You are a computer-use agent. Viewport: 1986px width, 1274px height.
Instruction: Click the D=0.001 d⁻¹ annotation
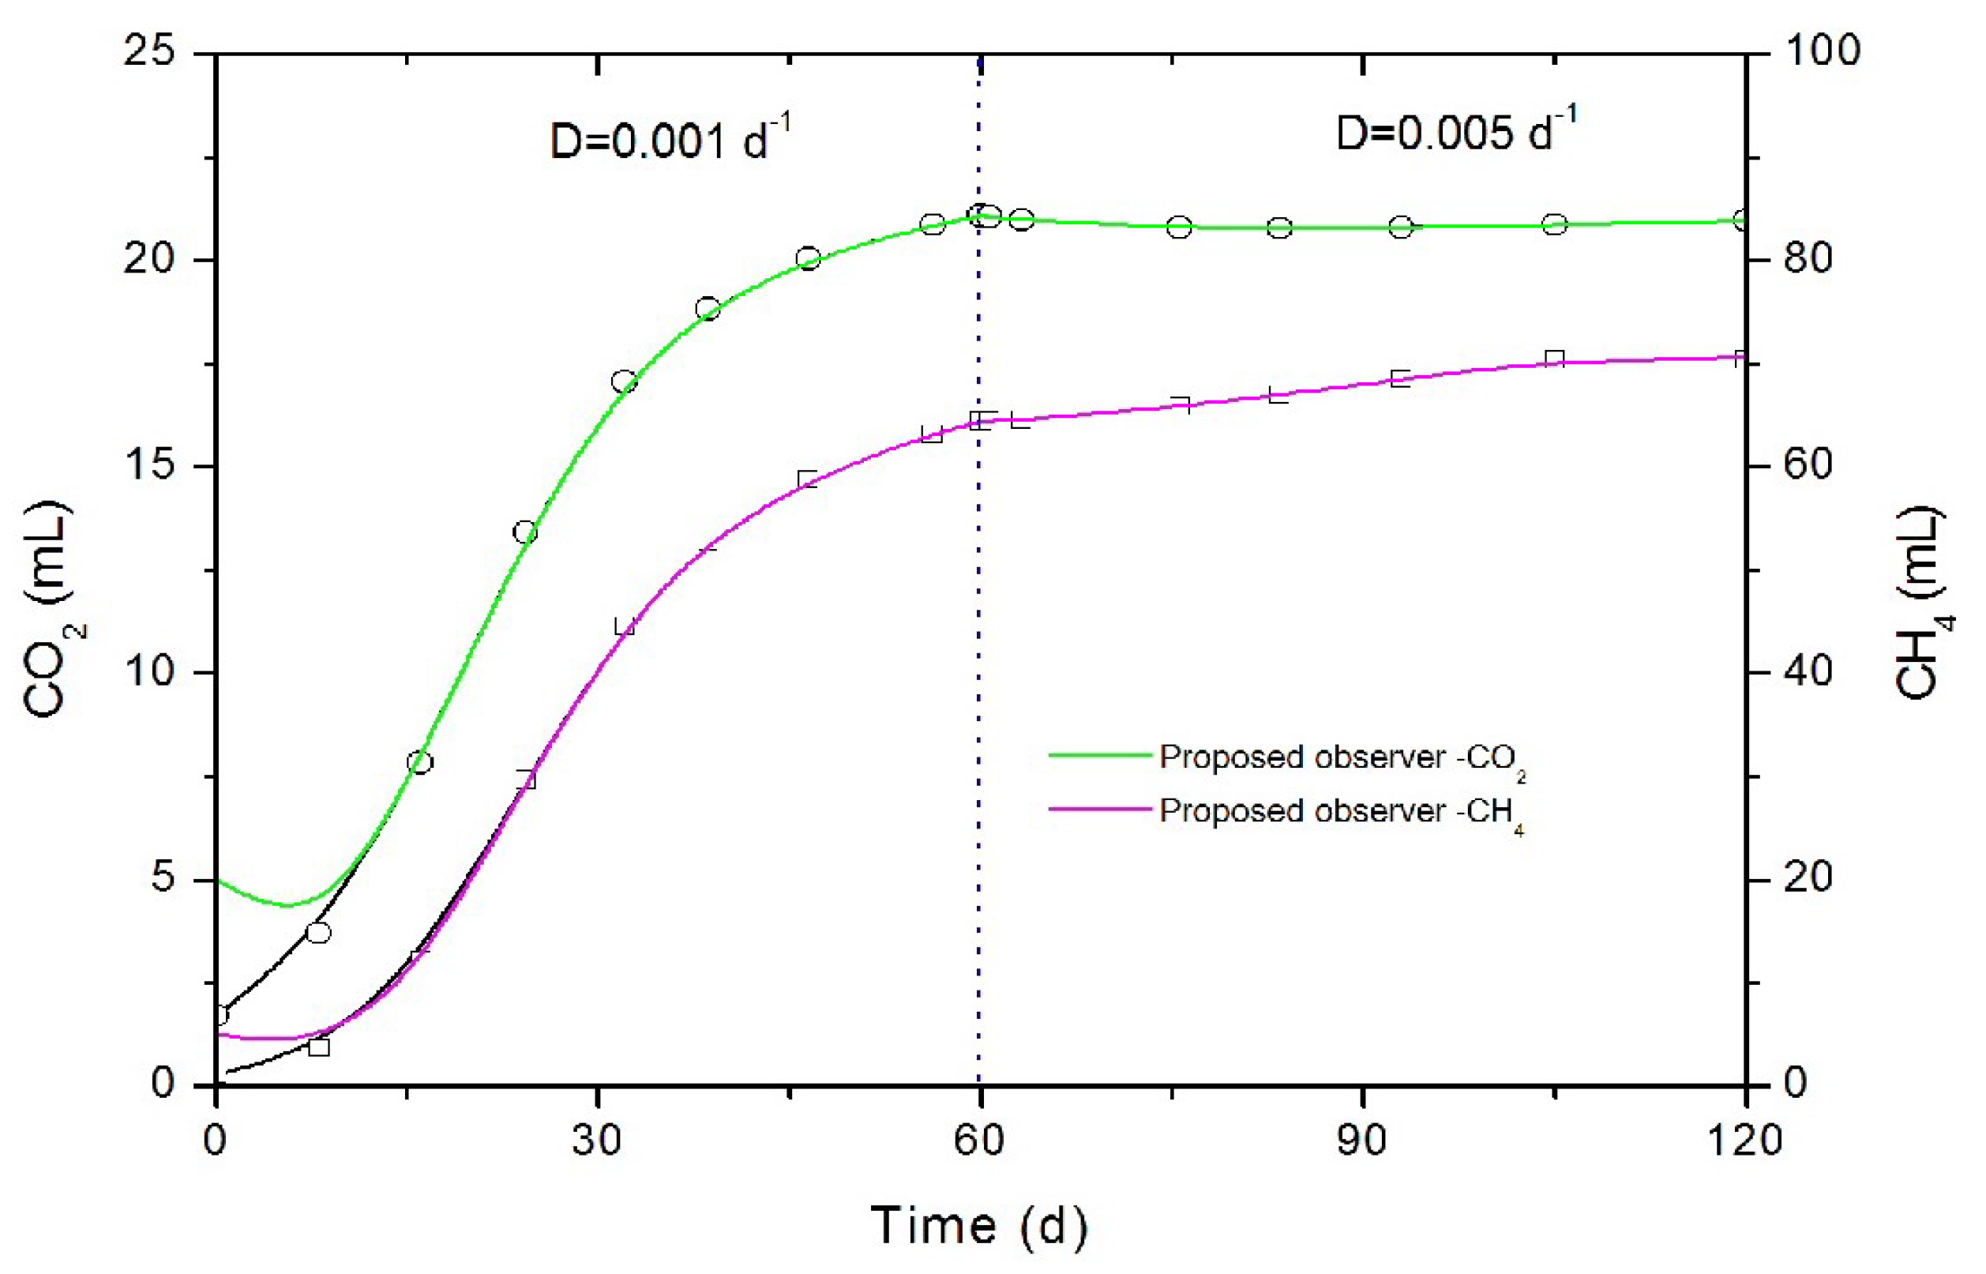click(670, 138)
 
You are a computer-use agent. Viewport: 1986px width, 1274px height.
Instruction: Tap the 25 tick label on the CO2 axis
click(150, 51)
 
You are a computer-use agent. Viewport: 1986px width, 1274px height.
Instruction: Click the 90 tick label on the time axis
click(1361, 1141)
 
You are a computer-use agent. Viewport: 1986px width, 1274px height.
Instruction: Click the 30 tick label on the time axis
click(597, 1141)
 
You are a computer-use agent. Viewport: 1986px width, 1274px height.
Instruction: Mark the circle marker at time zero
click(219, 1015)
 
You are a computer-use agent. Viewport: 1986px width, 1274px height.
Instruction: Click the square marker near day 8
click(318, 1047)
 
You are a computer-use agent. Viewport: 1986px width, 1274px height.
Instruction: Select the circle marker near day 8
click(318, 932)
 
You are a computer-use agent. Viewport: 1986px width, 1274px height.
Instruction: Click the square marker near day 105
click(1554, 359)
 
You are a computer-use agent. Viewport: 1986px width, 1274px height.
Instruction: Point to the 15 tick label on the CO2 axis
click(150, 464)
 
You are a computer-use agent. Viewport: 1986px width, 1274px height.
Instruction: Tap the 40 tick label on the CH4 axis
click(1808, 670)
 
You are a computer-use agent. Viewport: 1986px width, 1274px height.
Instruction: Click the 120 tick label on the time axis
click(1744, 1141)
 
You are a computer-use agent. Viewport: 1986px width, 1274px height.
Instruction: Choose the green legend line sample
click(1100, 755)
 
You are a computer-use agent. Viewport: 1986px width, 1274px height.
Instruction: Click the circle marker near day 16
click(420, 762)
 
